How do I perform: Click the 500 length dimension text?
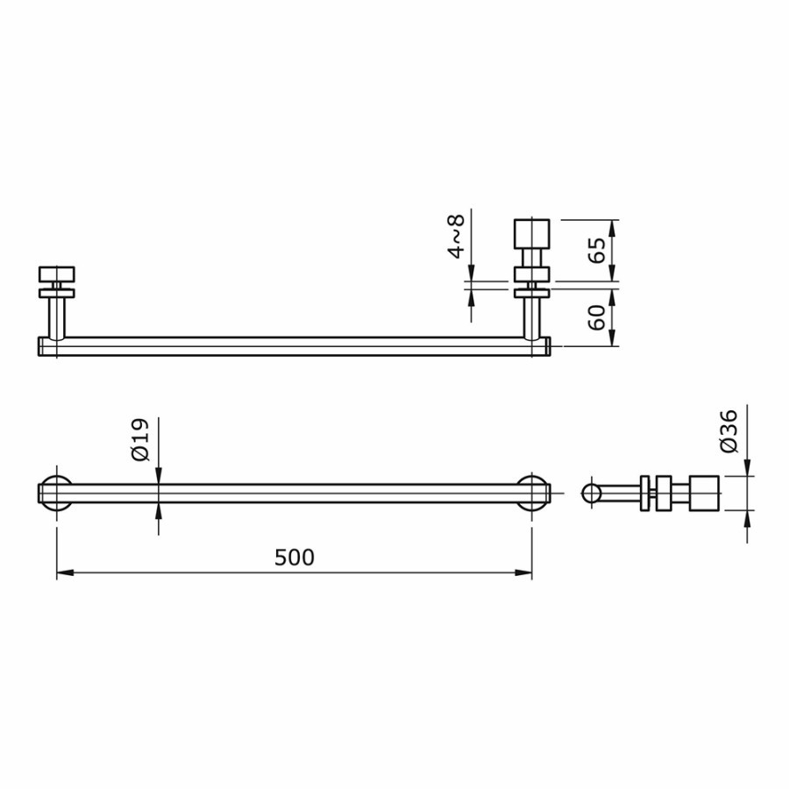[x=294, y=558]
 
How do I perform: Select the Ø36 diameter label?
[x=729, y=430]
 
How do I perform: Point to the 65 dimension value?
[x=597, y=250]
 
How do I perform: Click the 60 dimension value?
[x=597, y=316]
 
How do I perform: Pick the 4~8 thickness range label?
[x=456, y=238]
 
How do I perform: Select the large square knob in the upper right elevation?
[x=531, y=234]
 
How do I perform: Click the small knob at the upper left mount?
[x=56, y=274]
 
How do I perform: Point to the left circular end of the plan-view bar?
[x=56, y=493]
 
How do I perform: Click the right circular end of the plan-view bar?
[x=532, y=493]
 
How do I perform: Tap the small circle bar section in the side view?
[x=592, y=493]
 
